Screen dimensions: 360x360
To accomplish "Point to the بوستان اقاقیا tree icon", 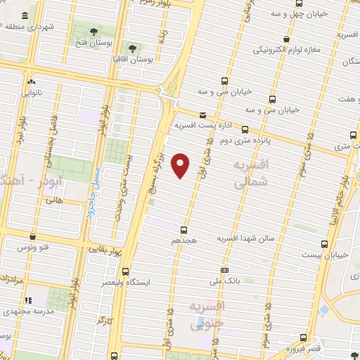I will pos(131,48).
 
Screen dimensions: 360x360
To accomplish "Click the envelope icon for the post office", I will pos(202,115).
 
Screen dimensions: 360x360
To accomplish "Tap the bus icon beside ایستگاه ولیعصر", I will pos(126,271).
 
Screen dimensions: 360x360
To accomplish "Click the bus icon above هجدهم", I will pos(184,229).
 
